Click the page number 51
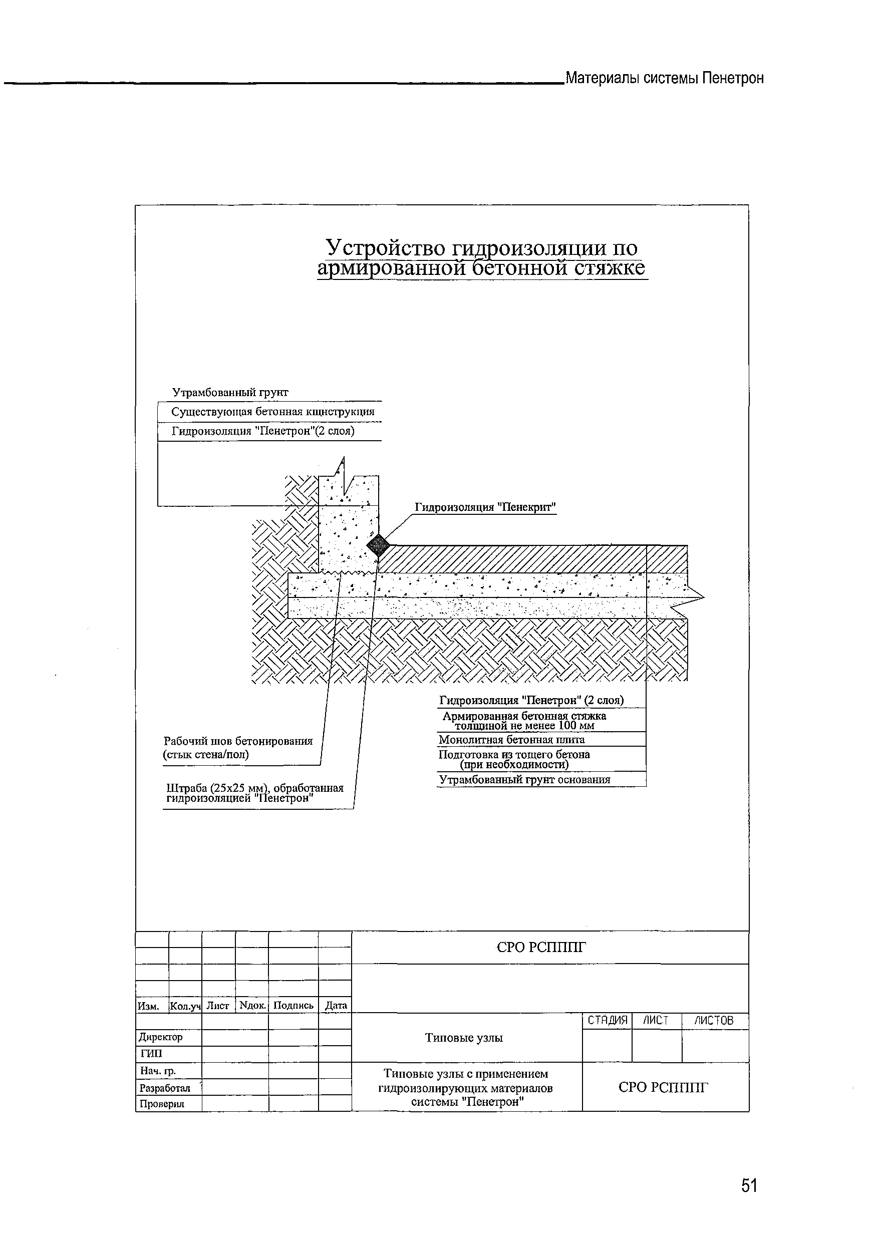point(749,1186)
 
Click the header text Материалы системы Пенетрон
point(665,79)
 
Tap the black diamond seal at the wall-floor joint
point(378,545)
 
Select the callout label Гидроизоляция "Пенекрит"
point(485,507)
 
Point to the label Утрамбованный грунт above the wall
point(230,392)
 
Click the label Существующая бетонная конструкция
point(272,412)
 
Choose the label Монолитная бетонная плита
point(511,740)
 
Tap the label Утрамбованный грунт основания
point(524,779)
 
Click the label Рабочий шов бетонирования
point(238,741)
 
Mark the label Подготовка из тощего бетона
point(514,755)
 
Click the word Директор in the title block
point(161,1037)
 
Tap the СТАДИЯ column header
point(607,1020)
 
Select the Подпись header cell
point(294,1005)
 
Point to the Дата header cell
point(336,1006)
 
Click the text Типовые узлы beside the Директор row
point(464,1038)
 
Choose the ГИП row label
point(151,1053)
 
